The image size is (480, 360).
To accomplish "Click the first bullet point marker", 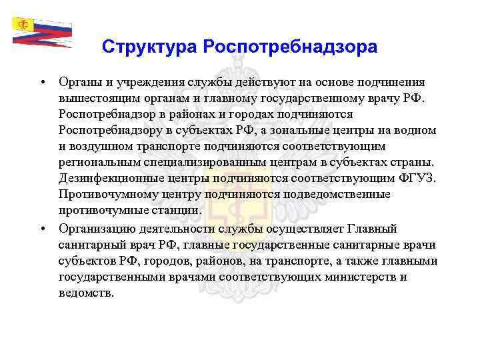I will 41,82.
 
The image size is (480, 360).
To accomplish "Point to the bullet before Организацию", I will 41,227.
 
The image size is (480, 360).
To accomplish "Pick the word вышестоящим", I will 96,98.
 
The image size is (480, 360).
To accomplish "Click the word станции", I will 175,210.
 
